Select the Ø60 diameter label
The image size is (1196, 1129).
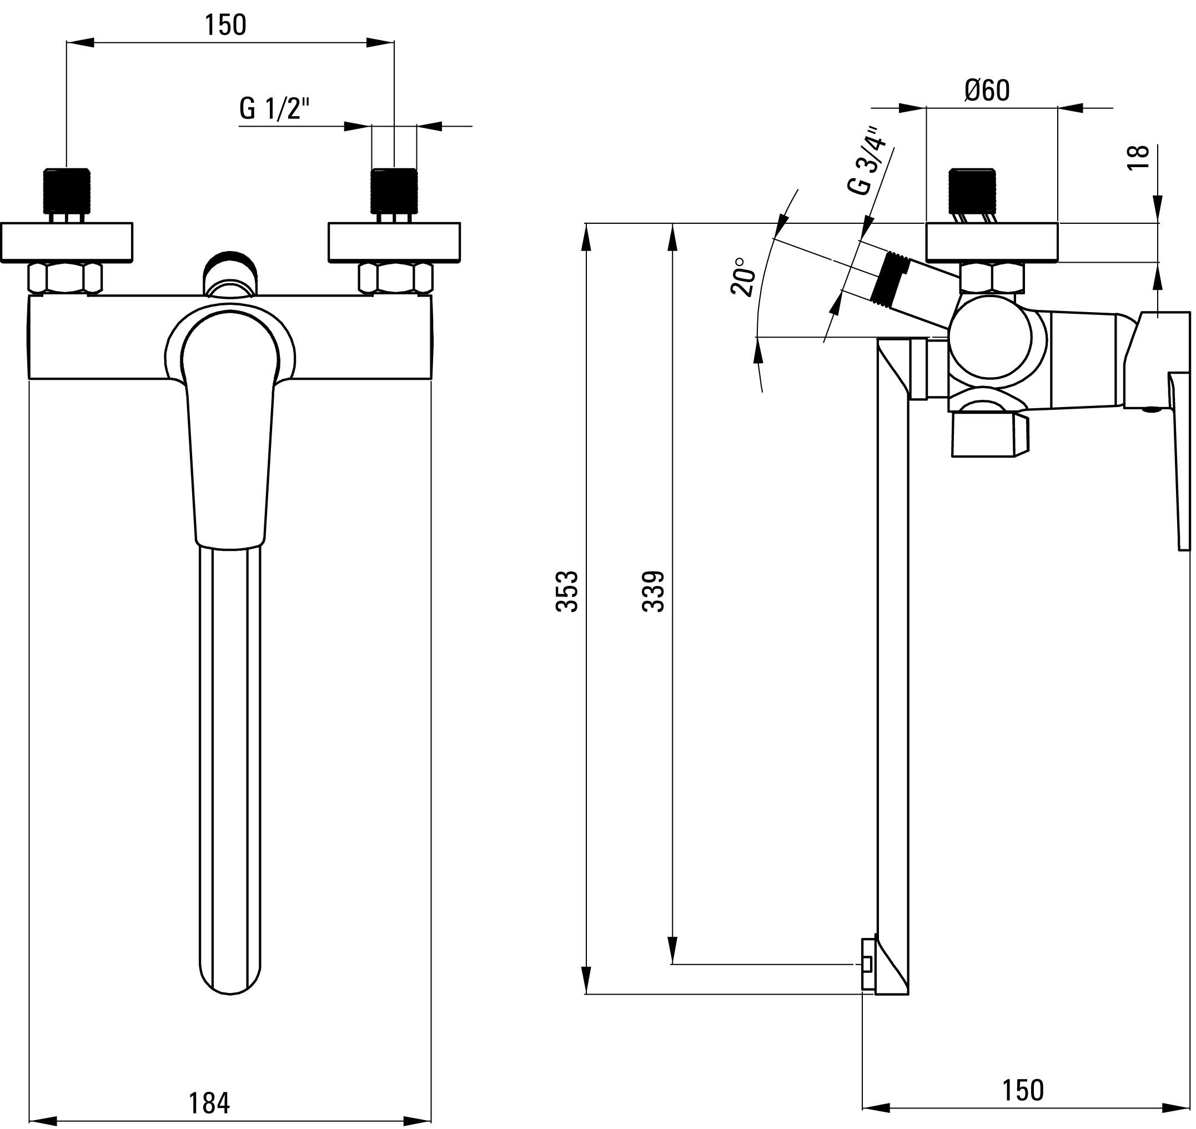coord(987,91)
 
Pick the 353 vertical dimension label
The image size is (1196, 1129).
coord(567,591)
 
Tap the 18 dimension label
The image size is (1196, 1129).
coord(1139,158)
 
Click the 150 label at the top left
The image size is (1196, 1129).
coord(225,26)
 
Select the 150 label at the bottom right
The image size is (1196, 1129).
coord(1023,1091)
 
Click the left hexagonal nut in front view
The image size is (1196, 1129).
coord(66,279)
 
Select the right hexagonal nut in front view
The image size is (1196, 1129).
coord(396,279)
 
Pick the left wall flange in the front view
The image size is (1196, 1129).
coord(66,243)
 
